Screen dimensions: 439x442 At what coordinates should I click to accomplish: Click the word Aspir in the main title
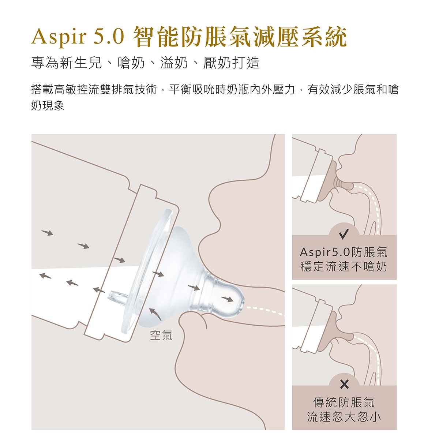(x=59, y=37)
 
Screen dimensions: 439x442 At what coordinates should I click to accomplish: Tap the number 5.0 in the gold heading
(x=109, y=36)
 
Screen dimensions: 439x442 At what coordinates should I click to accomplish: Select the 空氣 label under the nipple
(x=161, y=335)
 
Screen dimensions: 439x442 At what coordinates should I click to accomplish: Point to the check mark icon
(x=344, y=234)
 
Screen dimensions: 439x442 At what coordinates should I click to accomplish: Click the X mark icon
(x=344, y=385)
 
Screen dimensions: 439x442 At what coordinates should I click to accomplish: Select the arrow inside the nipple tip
(x=227, y=299)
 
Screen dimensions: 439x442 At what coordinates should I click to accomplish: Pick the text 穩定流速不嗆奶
(x=344, y=266)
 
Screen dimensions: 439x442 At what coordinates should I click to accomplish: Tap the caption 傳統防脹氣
(x=344, y=402)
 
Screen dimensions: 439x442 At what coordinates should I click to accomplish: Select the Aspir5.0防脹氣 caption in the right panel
(x=344, y=252)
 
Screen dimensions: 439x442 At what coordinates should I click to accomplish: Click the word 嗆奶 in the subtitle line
(x=131, y=63)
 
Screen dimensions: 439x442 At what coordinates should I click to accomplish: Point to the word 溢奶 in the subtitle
(x=174, y=63)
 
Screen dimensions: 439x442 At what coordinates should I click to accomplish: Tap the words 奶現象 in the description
(x=48, y=105)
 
